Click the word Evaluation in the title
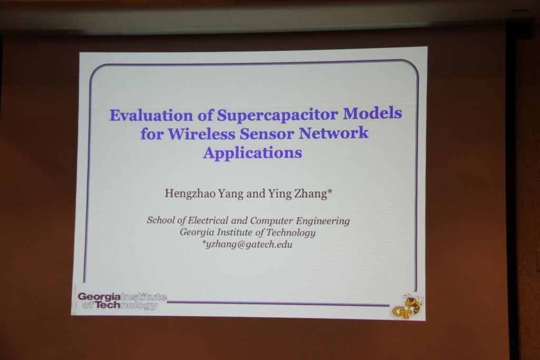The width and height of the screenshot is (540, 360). [x=151, y=115]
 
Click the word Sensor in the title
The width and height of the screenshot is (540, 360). [x=267, y=133]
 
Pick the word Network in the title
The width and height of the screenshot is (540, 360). [x=333, y=133]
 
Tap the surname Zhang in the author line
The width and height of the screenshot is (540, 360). [x=310, y=194]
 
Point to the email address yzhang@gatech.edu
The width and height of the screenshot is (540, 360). [x=249, y=245]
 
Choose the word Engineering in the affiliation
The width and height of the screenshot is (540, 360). [x=323, y=221]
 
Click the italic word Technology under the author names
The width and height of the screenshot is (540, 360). [x=291, y=232]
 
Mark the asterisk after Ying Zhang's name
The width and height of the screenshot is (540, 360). [x=330, y=191]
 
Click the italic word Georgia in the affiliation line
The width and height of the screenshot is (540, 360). [x=194, y=232]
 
